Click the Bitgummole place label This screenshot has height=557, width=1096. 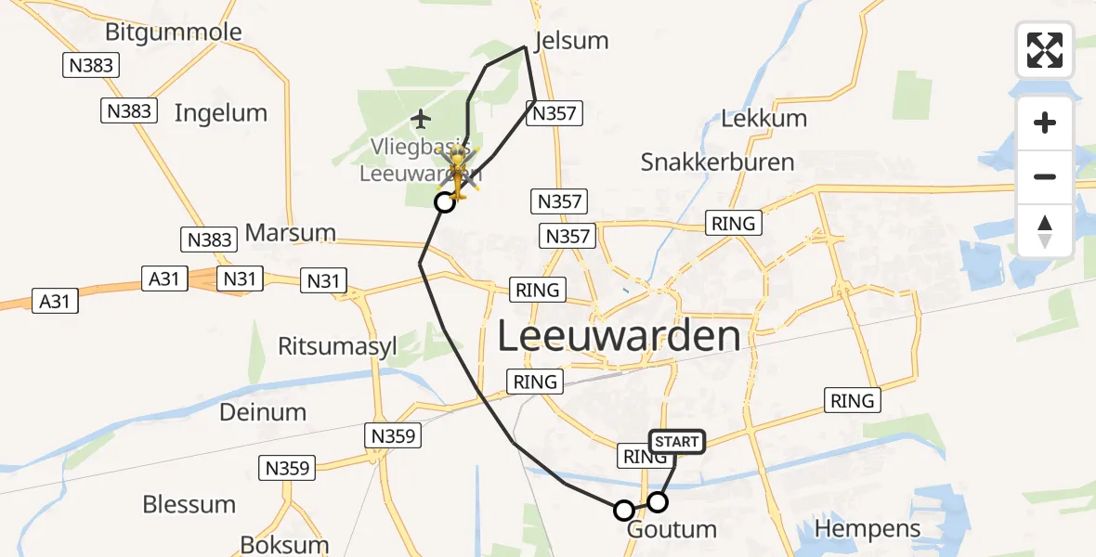pos(173,32)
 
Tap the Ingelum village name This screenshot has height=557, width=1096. pos(221,113)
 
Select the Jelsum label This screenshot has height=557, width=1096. pos(571,41)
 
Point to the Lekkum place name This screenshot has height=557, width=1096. pos(764,119)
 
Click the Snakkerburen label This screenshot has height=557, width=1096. pos(717,162)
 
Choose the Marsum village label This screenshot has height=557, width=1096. pos(290,232)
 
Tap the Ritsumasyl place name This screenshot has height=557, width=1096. pos(337,346)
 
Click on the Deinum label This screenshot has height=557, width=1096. pos(263,411)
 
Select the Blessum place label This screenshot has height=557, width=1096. pos(189,505)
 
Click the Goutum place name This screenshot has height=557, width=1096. pos(672,530)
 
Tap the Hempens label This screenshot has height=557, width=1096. pos(868,529)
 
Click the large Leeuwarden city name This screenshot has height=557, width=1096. pos(620,336)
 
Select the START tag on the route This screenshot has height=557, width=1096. pos(676,442)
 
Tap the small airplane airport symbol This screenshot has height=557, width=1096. pos(421,119)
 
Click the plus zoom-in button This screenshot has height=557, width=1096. pos(1045,123)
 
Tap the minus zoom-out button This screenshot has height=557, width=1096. pos(1045,176)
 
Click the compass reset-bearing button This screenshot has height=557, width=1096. pos(1045,230)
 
